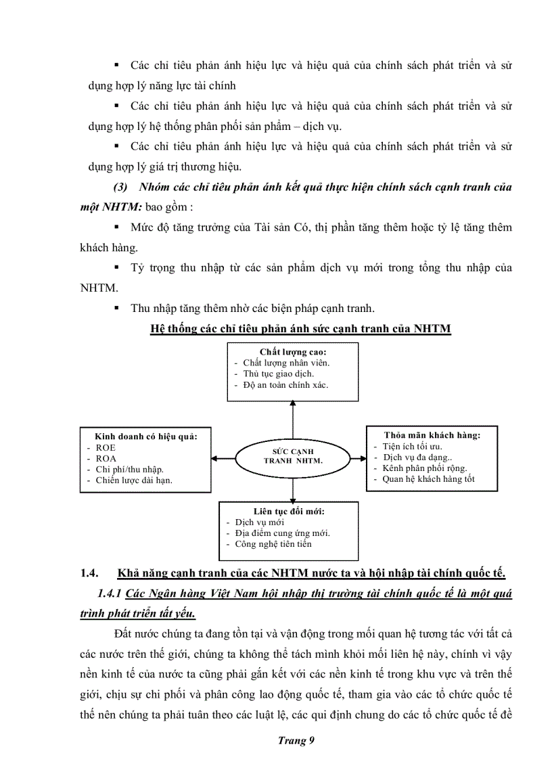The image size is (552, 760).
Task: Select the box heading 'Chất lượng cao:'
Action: (293, 352)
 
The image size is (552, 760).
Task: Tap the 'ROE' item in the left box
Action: (106, 447)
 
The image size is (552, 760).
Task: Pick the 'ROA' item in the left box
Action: (106, 458)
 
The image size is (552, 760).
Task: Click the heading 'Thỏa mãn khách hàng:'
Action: (432, 435)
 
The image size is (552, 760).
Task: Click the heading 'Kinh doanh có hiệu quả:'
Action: (145, 437)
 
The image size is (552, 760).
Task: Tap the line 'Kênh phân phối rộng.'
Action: (424, 468)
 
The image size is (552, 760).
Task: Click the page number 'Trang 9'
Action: (296, 740)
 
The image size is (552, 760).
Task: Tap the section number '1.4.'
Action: (90, 573)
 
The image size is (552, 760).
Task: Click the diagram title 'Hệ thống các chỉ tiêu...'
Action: (300, 329)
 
